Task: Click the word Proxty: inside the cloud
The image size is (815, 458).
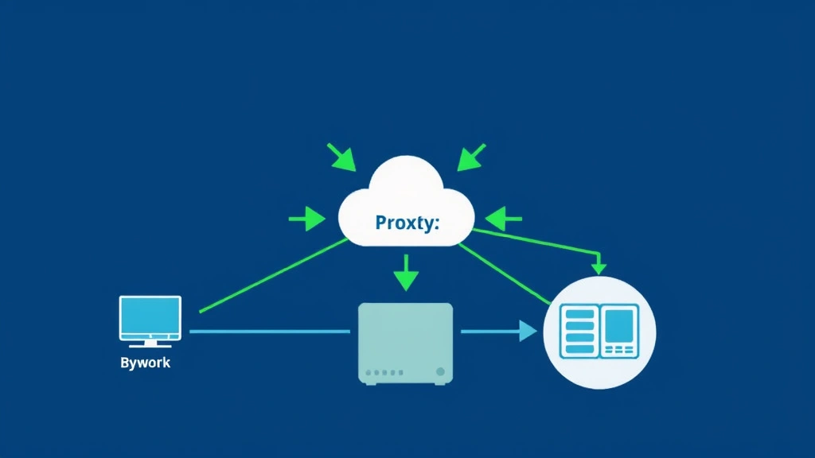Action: pyautogui.click(x=407, y=223)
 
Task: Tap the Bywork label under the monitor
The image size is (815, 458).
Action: pyautogui.click(x=145, y=363)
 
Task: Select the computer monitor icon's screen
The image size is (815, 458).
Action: pyautogui.click(x=150, y=316)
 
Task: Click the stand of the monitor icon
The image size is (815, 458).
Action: pyautogui.click(x=150, y=343)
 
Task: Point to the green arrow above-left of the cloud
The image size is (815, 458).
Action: pyautogui.click(x=341, y=157)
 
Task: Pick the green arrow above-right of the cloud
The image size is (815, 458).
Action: pyautogui.click(x=470, y=157)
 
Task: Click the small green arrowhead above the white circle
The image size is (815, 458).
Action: pyautogui.click(x=599, y=267)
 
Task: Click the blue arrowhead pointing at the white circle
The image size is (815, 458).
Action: pyautogui.click(x=528, y=331)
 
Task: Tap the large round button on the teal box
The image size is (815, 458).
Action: pyautogui.click(x=440, y=371)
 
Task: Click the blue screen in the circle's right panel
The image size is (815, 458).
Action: pyautogui.click(x=619, y=325)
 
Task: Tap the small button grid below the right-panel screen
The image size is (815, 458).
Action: pyautogui.click(x=619, y=349)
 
